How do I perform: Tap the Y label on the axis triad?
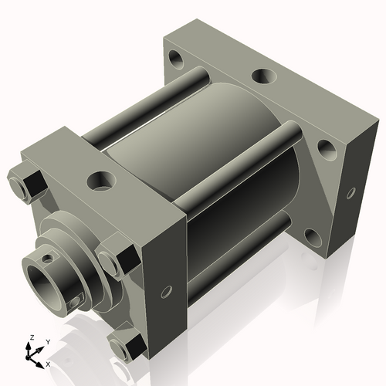(x=47, y=341)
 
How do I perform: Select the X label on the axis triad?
(x=48, y=363)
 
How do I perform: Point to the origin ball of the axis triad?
(x=32, y=354)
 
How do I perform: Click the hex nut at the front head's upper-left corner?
(x=29, y=182)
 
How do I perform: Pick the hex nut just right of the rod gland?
(x=110, y=260)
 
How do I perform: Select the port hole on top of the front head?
(x=100, y=182)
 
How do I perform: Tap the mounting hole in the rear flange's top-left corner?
(x=178, y=57)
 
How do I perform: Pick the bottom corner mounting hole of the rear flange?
(x=313, y=235)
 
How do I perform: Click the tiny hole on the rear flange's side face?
(x=351, y=190)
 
